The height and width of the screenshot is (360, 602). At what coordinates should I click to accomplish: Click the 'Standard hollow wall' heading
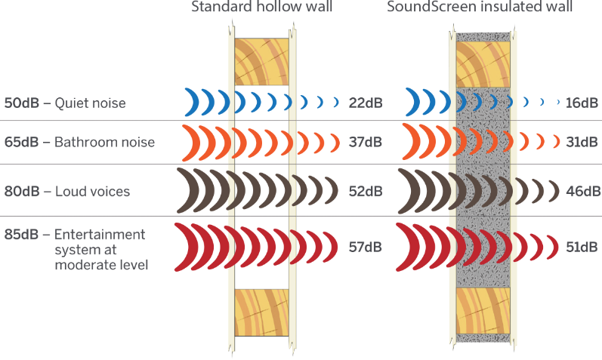pos(261,7)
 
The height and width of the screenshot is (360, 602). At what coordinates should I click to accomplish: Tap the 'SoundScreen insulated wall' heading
pos(480,7)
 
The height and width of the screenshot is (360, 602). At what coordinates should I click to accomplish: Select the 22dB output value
pos(366,103)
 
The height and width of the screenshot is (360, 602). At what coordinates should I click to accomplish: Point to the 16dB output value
pos(582,103)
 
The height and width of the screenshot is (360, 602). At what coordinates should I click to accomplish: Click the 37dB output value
pos(366,142)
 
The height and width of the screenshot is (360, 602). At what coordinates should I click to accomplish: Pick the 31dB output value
pos(582,142)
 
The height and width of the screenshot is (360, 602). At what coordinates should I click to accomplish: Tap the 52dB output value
pos(366,191)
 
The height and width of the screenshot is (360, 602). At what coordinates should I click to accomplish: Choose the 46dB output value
pos(583,191)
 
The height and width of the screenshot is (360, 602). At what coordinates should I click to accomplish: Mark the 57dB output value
pos(366,247)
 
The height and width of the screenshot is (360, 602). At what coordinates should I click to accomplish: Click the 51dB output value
pos(582,247)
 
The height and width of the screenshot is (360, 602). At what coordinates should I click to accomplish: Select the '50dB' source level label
pos(21,103)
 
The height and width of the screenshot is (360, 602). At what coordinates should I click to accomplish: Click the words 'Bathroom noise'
pos(104,142)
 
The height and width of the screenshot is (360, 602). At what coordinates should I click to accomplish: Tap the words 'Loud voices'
pos(92,191)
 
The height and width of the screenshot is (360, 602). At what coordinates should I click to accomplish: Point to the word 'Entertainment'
pos(100,234)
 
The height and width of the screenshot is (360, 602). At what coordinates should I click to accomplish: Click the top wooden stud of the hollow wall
pos(261,62)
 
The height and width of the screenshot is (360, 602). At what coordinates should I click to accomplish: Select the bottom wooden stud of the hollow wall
pos(261,312)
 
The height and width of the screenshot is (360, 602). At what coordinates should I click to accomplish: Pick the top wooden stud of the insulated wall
pos(483,64)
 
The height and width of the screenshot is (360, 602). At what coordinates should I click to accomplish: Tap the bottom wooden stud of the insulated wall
pos(483,311)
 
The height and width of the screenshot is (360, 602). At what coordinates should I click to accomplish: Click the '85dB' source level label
pos(21,234)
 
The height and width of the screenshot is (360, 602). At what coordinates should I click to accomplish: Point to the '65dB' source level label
pos(21,142)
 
